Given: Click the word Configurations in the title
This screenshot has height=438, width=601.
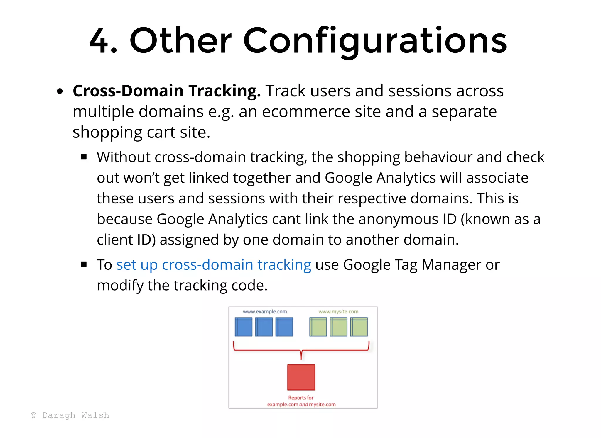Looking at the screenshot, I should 375,41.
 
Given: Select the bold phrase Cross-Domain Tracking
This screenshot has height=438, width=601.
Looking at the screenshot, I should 167,91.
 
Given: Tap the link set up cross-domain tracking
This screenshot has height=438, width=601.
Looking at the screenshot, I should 214,265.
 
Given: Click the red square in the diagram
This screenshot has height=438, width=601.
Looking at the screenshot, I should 301,377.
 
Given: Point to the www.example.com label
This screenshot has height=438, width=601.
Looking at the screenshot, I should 265,312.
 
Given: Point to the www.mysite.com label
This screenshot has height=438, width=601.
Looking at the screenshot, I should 338,312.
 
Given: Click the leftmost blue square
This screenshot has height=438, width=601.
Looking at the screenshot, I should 244,327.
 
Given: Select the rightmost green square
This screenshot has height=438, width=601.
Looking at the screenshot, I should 359,327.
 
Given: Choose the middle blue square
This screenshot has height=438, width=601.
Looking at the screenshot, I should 264,327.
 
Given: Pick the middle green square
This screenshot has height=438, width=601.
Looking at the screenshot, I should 338,327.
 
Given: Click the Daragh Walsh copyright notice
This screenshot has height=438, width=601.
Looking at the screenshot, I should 70,415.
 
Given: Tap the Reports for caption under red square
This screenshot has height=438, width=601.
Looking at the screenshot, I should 301,398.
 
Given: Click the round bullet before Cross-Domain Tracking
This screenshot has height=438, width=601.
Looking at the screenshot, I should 60,91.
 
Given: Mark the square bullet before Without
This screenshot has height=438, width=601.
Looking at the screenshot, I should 84,157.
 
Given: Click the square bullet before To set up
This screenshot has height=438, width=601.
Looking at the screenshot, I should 84,265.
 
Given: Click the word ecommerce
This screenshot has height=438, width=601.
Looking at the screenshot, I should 306,112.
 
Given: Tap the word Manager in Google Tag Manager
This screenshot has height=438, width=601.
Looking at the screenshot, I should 451,265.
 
